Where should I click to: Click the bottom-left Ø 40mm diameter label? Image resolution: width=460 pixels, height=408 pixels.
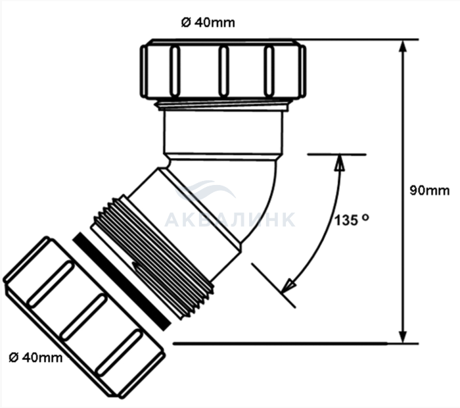click(36, 357)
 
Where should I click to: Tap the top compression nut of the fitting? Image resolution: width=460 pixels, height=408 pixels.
click(223, 70)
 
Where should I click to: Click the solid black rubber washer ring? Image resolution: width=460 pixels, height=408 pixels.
click(122, 276)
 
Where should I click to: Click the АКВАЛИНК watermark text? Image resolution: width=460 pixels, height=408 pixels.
click(230, 220)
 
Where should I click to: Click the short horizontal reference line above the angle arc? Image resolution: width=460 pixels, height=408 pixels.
click(336, 155)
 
